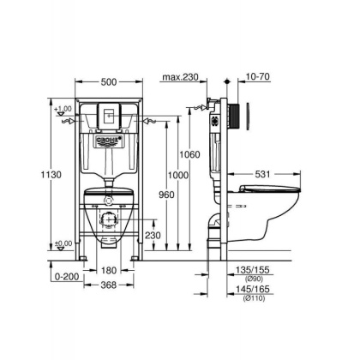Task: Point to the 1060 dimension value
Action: (x=189, y=155)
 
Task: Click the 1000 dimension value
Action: (x=177, y=174)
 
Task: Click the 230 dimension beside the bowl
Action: (x=153, y=236)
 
